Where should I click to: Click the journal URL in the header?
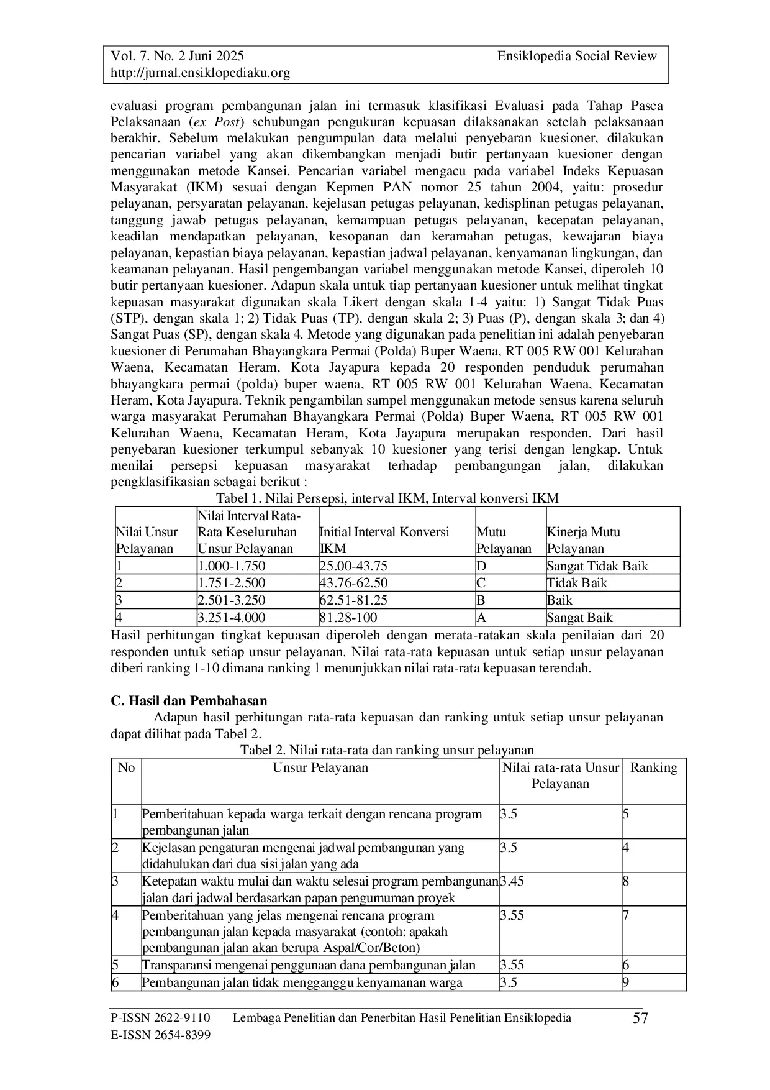point(200,73)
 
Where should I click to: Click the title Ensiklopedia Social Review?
point(576,57)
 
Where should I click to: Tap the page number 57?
point(640,1019)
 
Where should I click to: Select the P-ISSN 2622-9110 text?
point(160,1017)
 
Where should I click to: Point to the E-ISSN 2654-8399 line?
point(160,1035)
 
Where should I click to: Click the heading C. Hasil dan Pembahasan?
point(189,701)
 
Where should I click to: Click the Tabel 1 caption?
point(386,498)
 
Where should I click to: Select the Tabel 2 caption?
point(386,750)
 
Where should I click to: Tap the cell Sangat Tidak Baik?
point(597,566)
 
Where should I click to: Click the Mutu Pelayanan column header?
point(504,541)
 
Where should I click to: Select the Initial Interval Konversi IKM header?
point(384,540)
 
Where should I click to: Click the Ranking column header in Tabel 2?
point(653,767)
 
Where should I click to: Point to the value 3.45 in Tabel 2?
point(512,881)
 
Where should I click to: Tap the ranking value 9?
point(625,982)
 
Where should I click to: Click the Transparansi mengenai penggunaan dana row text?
point(309,965)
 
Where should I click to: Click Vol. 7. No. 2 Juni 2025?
point(177,57)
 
